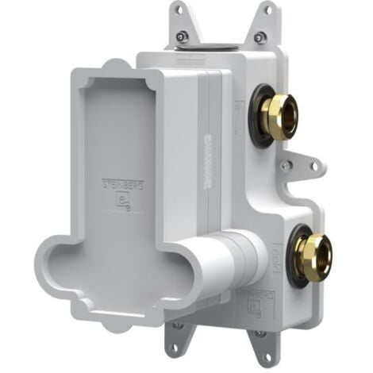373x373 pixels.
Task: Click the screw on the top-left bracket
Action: pyautogui.click(x=183, y=36)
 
